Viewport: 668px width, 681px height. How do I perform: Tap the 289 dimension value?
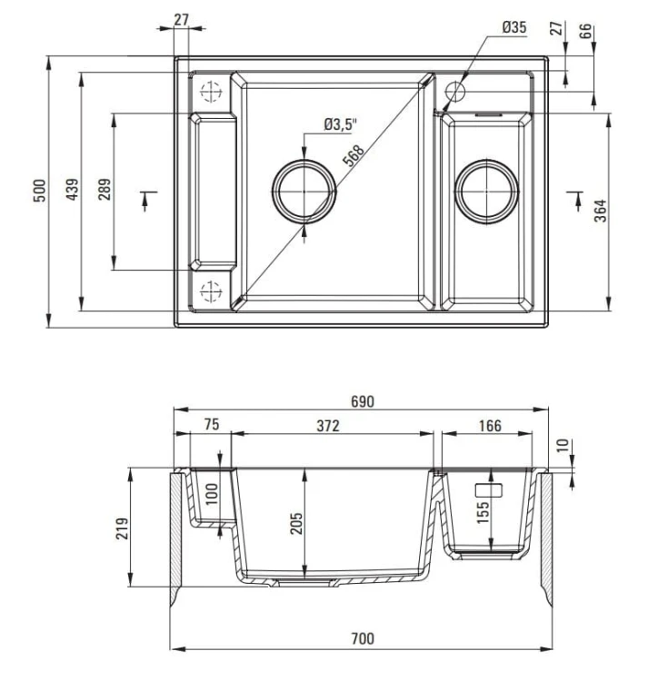(105, 191)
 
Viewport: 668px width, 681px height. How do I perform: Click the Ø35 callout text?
(514, 27)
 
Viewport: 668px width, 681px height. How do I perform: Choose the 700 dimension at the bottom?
(363, 639)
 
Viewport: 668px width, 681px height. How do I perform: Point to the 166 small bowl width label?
(489, 426)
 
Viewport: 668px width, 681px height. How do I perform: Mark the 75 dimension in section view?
(211, 426)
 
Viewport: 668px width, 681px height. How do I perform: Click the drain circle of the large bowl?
(304, 191)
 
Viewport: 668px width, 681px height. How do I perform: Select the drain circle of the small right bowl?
(487, 191)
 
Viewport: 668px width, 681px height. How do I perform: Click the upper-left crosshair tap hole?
(210, 91)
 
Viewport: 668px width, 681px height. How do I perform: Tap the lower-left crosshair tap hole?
(210, 291)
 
